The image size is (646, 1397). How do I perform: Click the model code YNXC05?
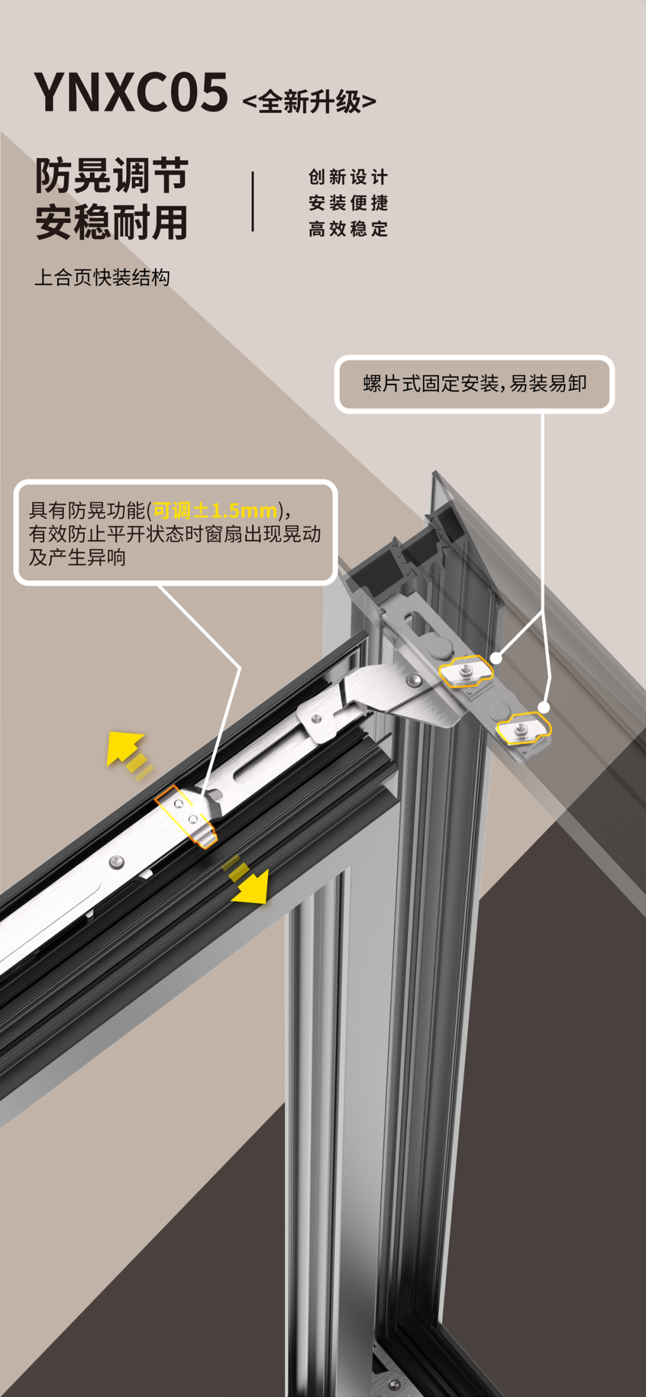click(130, 93)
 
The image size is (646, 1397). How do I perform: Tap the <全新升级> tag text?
click(309, 102)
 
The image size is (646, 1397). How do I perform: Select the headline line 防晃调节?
click(112, 176)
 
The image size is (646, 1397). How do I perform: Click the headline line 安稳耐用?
click(112, 222)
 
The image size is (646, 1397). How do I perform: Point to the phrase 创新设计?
click(348, 177)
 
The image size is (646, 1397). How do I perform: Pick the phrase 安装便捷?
click(348, 203)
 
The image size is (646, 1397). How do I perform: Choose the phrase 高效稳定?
click(348, 228)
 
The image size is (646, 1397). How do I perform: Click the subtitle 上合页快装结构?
click(102, 277)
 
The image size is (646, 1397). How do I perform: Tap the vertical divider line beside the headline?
click(253, 202)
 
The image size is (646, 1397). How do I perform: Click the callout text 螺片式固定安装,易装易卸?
click(474, 383)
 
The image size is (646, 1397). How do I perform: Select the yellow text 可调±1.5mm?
click(215, 511)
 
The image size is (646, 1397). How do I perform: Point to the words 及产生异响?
click(77, 557)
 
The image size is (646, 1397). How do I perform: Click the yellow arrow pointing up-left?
click(124, 748)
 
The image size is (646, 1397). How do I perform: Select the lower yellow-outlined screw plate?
click(523, 728)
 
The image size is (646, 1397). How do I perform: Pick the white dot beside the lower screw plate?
click(544, 707)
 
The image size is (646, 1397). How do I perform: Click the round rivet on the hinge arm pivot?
click(413, 680)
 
